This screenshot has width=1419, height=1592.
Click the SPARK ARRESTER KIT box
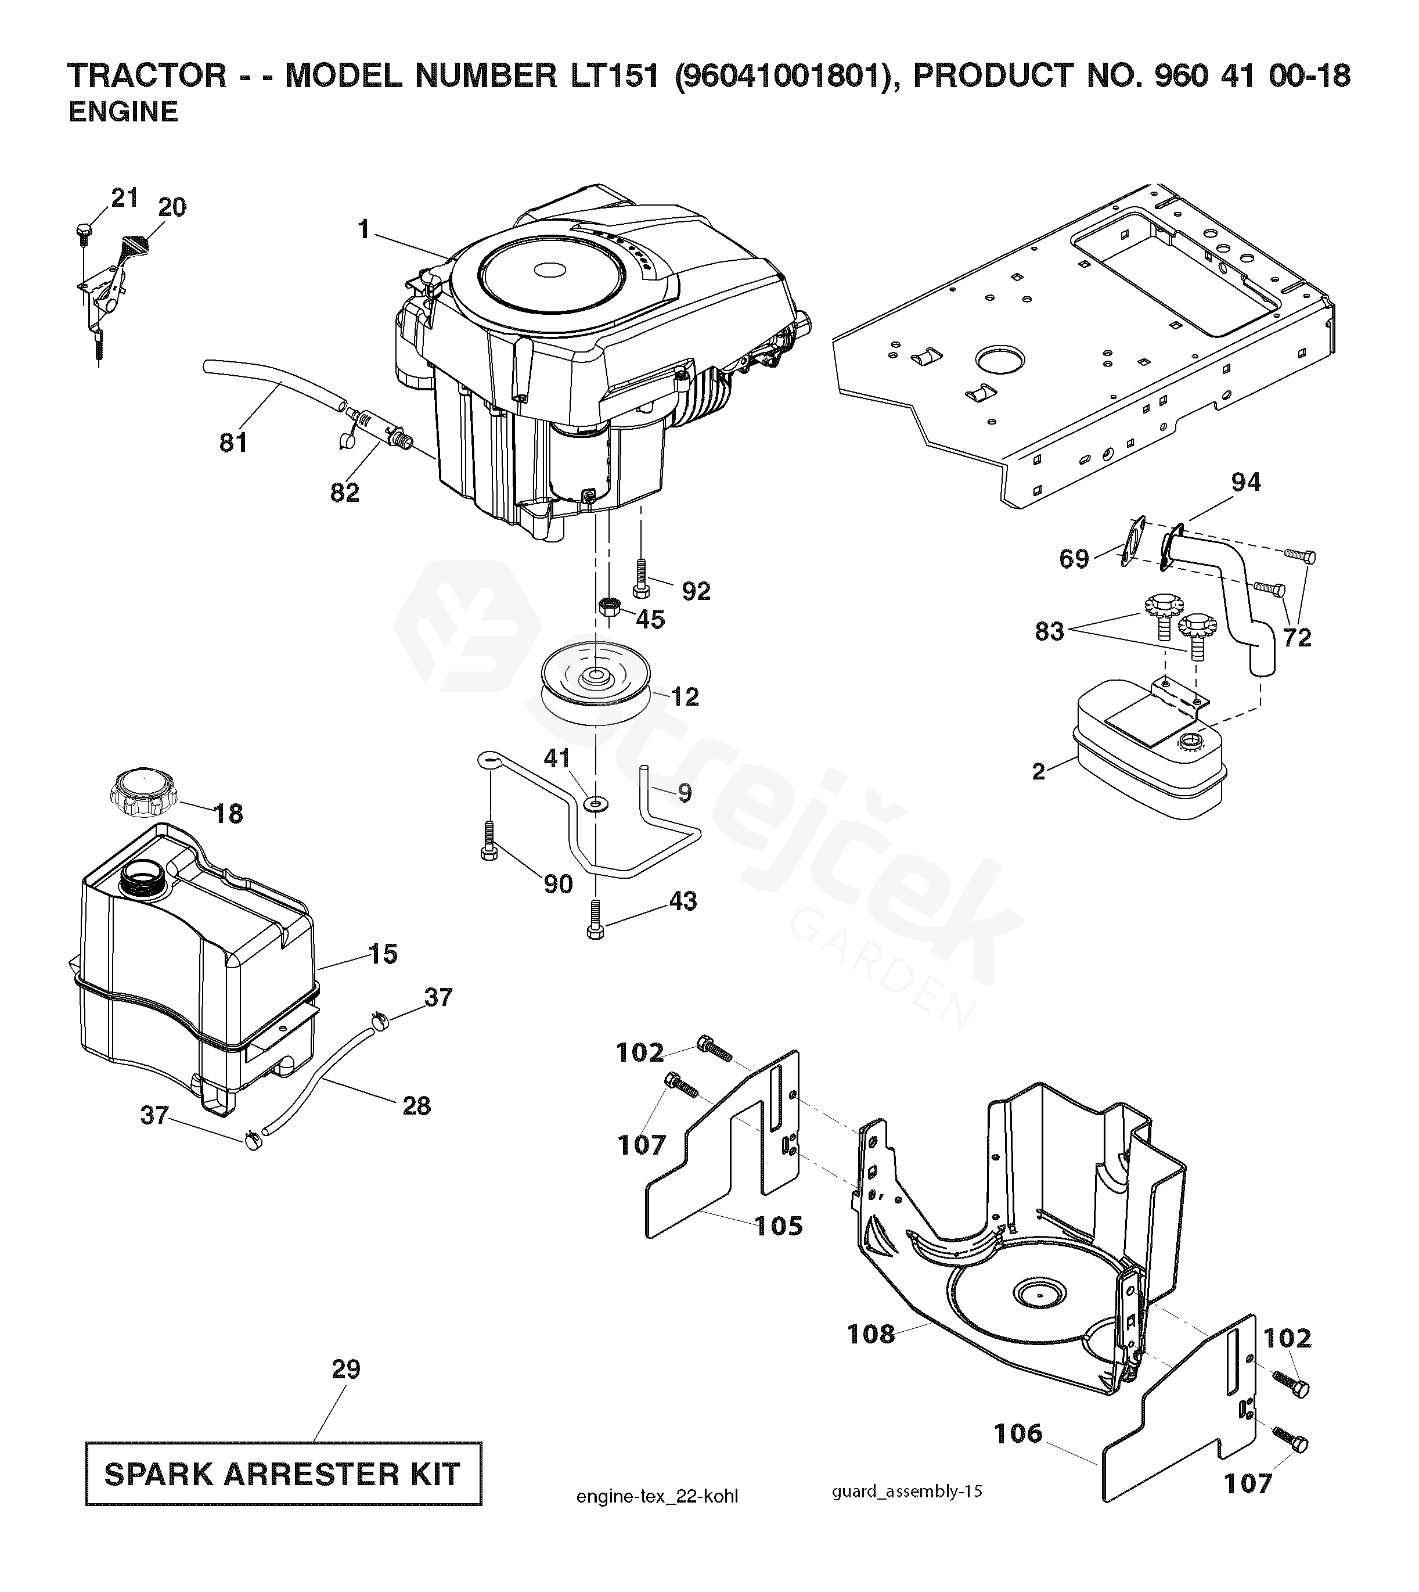pos(283,1474)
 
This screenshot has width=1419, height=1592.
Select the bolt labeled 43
pos(596,921)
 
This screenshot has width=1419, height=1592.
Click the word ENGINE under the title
pos(123,112)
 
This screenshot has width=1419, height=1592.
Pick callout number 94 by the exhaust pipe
pos(1245,482)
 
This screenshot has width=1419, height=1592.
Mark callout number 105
pos(780,1226)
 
